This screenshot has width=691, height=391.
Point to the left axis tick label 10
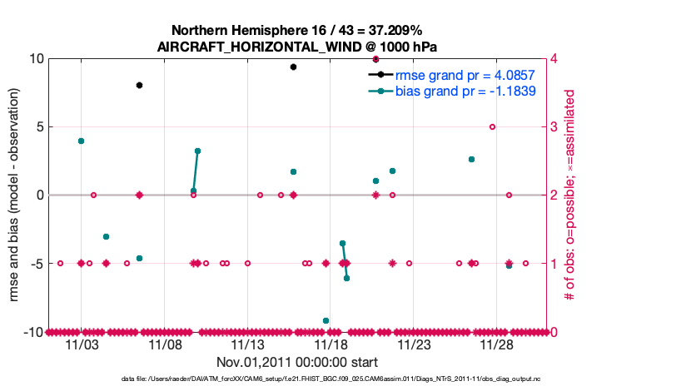[36, 58]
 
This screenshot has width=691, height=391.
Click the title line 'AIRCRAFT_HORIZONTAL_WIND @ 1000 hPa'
[297, 47]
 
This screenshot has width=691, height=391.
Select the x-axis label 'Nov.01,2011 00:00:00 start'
[297, 362]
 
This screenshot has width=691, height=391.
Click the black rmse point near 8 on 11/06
[139, 85]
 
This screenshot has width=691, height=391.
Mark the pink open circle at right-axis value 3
[492, 127]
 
